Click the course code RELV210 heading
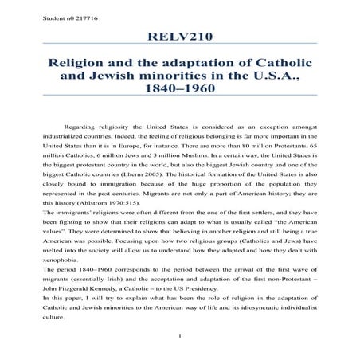(x=179, y=38)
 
